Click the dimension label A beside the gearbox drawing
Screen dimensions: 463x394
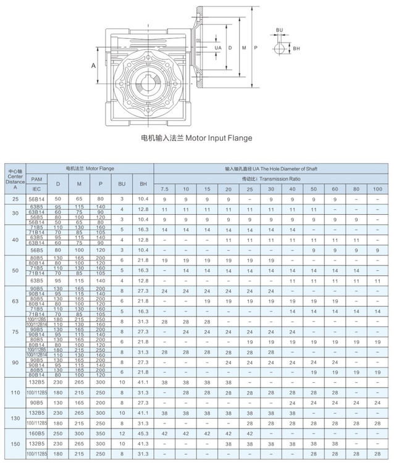(x=94, y=65)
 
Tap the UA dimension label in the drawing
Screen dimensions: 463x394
(x=217, y=48)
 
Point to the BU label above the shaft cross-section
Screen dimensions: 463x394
(x=280, y=30)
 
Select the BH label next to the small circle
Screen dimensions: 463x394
(x=296, y=48)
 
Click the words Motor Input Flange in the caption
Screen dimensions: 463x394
(x=216, y=138)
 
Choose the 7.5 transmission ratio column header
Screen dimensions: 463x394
(x=165, y=188)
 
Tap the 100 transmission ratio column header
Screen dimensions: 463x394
(x=378, y=188)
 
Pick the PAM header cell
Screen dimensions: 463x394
(x=36, y=178)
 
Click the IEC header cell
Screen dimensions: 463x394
(x=36, y=188)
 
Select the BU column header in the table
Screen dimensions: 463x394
(x=122, y=183)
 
